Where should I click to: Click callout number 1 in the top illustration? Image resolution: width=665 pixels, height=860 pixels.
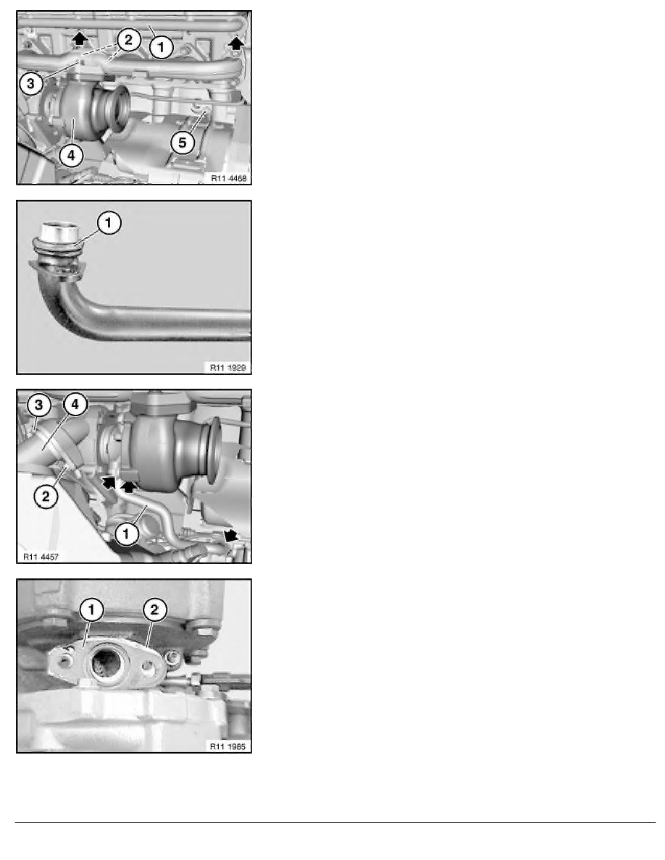pyautogui.click(x=161, y=47)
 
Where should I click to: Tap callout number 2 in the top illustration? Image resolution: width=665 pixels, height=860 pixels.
pyautogui.click(x=128, y=40)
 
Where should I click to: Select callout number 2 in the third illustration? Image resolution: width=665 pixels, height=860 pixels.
pyautogui.click(x=45, y=495)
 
